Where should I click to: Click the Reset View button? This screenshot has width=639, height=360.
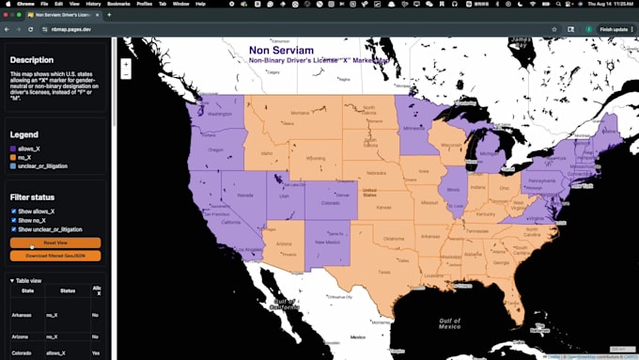[x=55, y=243]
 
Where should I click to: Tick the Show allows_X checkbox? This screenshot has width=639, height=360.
[x=14, y=211]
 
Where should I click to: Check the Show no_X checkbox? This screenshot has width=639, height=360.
[x=14, y=220]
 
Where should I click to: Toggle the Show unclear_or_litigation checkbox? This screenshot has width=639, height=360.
[x=14, y=229]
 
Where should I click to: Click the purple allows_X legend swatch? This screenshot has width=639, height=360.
[x=13, y=149]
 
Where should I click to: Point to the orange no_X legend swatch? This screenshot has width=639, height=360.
[x=13, y=157]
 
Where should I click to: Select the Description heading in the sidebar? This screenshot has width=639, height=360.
[x=32, y=59]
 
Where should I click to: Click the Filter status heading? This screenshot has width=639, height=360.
[x=32, y=197]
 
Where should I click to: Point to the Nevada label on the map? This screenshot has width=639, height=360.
[x=243, y=195]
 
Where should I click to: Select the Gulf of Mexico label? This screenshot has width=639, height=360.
[x=449, y=323]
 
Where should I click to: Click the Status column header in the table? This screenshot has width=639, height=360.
[x=68, y=291]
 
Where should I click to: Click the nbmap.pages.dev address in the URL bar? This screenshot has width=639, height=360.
[x=71, y=29]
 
